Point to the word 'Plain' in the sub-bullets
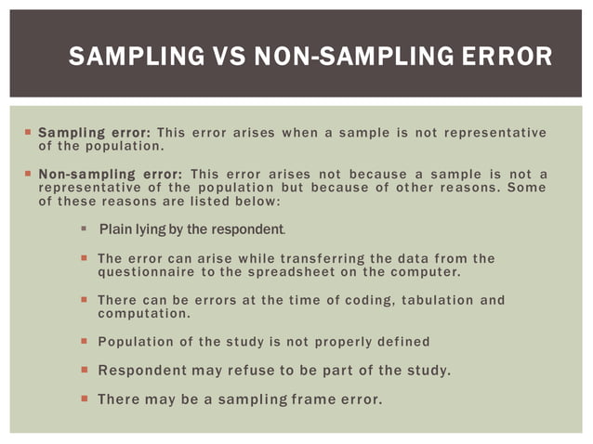tap(116, 229)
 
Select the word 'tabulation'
tap(428, 300)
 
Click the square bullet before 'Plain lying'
tap(84, 229)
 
